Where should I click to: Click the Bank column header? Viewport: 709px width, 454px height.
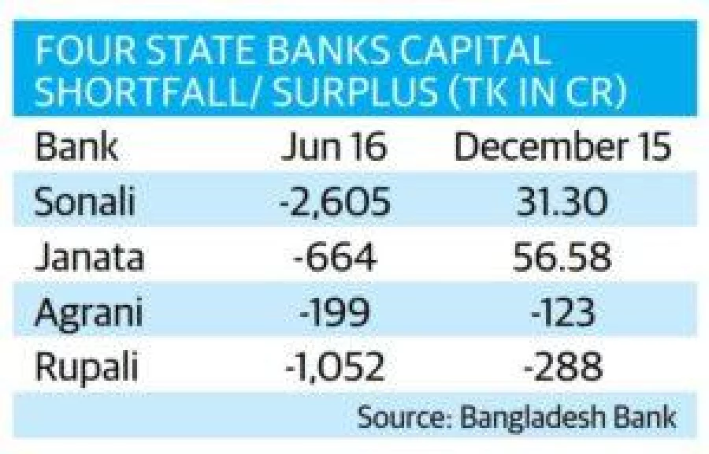[76, 146]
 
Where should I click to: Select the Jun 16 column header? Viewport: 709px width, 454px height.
[334, 146]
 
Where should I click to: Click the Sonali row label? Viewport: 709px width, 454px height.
[84, 200]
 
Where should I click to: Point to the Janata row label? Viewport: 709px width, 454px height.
[89, 256]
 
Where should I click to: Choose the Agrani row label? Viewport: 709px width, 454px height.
[88, 313]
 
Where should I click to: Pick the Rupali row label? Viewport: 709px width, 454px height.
[87, 367]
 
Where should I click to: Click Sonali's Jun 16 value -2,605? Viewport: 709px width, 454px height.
[335, 201]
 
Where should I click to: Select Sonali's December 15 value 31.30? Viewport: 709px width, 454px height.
[561, 201]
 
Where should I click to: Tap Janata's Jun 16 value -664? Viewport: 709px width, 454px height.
[335, 256]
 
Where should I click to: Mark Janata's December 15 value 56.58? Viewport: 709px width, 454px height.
[562, 256]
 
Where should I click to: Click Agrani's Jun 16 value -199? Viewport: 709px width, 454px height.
[335, 312]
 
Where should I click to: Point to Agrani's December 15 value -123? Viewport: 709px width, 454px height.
[562, 312]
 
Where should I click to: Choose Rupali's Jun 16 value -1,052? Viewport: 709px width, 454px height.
[335, 367]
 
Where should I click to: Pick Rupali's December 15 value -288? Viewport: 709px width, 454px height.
[562, 367]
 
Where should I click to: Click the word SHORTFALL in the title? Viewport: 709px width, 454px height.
[144, 91]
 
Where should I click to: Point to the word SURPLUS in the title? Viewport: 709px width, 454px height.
[355, 91]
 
